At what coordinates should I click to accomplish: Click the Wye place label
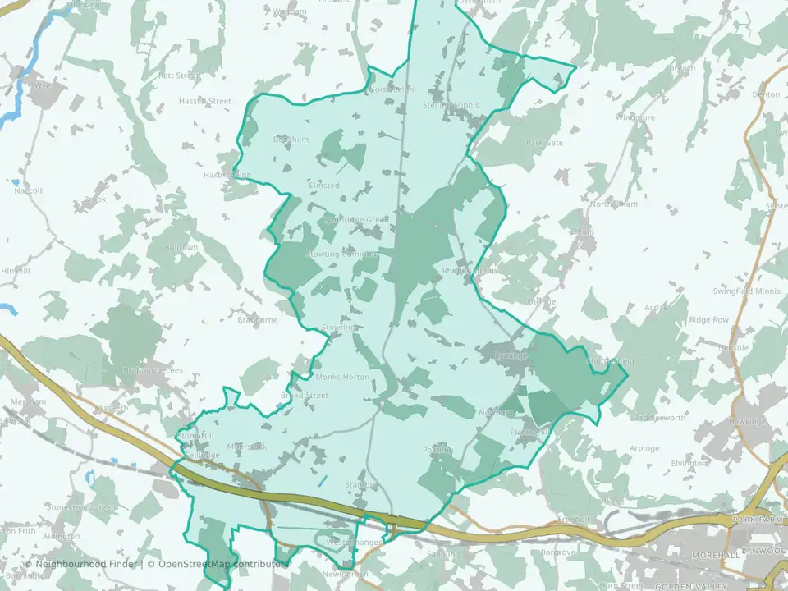click(x=43, y=84)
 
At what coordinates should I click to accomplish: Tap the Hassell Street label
click(x=205, y=101)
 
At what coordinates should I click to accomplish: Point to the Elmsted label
click(x=323, y=186)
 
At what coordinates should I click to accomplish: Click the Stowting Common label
click(x=341, y=254)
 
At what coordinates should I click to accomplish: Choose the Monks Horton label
click(x=343, y=377)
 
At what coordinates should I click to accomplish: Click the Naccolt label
click(x=28, y=190)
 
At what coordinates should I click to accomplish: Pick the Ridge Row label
click(x=708, y=319)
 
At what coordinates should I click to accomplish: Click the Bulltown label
click(x=181, y=247)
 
